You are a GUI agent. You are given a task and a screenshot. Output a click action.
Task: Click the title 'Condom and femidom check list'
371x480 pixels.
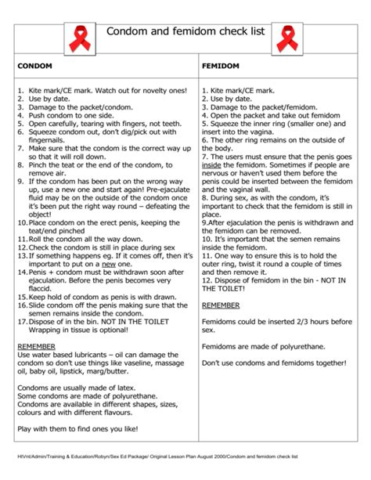(x=181, y=31)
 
